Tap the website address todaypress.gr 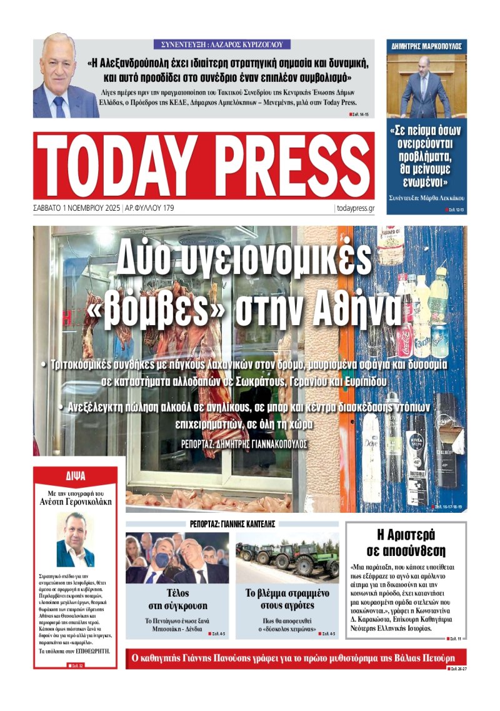[x=355, y=208]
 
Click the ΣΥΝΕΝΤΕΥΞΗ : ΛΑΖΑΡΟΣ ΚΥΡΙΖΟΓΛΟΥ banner [x=222, y=44]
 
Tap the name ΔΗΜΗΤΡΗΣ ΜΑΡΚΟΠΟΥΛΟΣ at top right [x=426, y=46]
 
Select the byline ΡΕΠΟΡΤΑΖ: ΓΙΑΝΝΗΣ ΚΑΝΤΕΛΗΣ [x=232, y=524]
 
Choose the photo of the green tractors [x=287, y=558]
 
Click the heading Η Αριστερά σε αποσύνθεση [x=406, y=542]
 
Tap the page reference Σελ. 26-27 [x=457, y=668]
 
